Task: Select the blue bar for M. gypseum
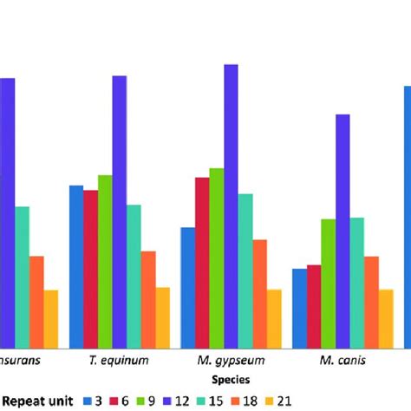(x=187, y=286)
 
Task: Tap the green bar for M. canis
(x=329, y=282)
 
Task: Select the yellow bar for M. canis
(x=386, y=316)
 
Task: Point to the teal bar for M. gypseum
(x=245, y=269)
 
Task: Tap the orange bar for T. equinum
(x=148, y=298)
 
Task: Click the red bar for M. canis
(x=314, y=305)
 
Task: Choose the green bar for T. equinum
(x=105, y=260)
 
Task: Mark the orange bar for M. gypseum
(x=260, y=292)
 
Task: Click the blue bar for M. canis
(x=299, y=307)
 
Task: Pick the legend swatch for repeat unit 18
(x=238, y=400)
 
